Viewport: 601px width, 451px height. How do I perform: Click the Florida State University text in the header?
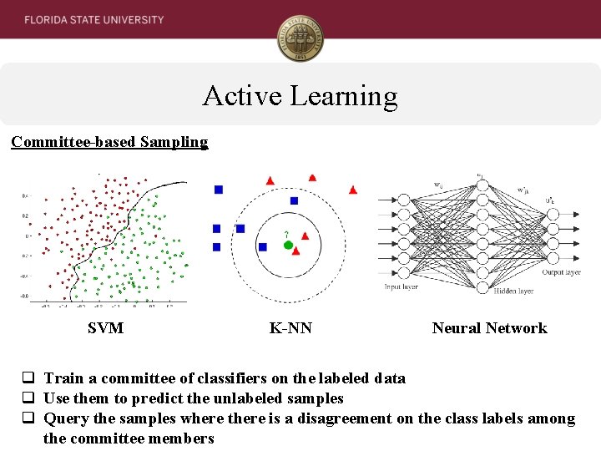tap(93, 19)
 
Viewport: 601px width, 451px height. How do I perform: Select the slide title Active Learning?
tap(300, 96)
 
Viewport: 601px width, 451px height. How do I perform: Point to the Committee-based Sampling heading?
tap(109, 142)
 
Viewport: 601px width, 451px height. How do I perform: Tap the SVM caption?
tap(105, 328)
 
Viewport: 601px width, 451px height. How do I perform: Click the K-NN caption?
tap(290, 328)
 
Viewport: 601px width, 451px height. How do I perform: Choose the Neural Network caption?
tap(489, 328)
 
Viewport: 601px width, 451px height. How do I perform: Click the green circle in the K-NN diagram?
tap(288, 246)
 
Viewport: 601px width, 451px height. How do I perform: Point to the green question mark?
tap(286, 234)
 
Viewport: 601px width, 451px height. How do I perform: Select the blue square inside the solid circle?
tap(263, 247)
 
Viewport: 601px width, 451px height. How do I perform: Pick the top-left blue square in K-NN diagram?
tap(219, 190)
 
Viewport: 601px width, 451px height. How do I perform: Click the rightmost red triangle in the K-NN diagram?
tap(352, 190)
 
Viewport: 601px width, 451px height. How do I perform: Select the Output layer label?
tap(560, 272)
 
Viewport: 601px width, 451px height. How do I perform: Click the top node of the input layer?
tap(403, 200)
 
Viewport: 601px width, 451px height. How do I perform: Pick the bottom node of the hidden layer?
tap(482, 287)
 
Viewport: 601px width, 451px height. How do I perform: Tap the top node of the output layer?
tap(552, 214)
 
